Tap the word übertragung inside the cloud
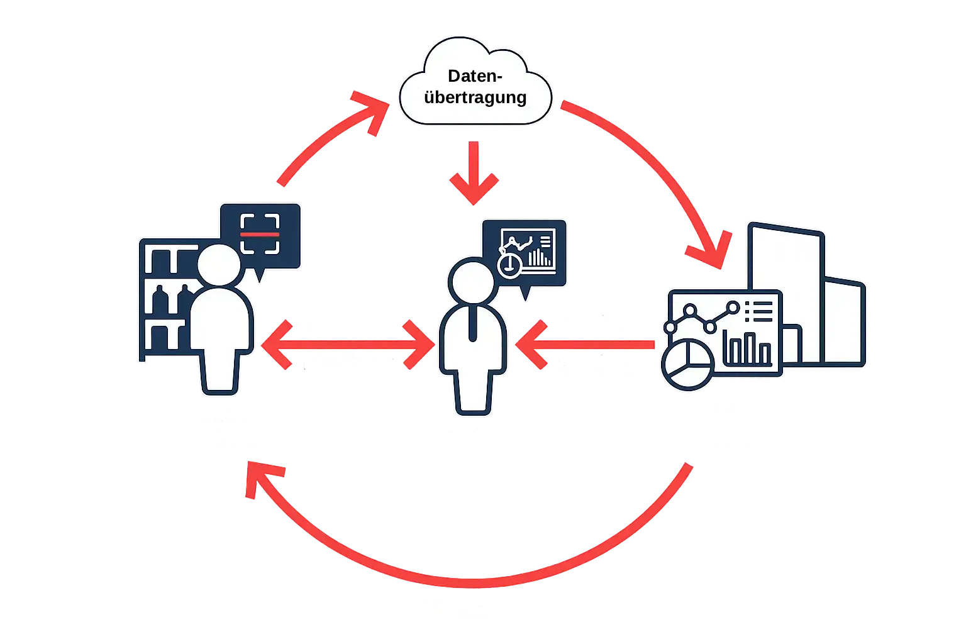click(x=475, y=98)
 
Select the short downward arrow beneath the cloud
click(x=474, y=173)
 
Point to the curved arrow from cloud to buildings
click(x=667, y=169)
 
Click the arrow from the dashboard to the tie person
click(x=585, y=344)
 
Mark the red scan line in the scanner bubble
click(x=260, y=233)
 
